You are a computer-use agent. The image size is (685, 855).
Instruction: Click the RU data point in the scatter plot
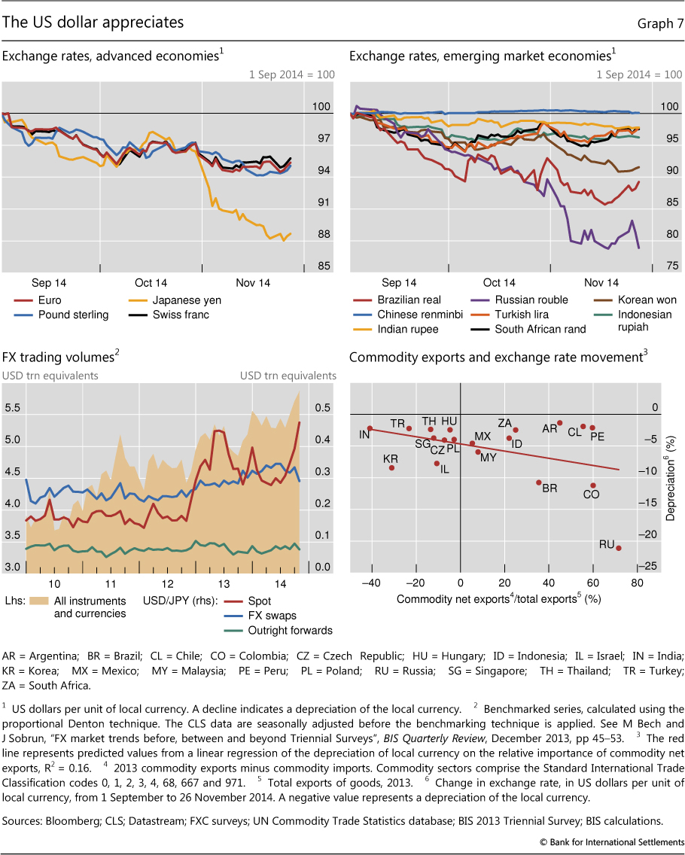[619, 548]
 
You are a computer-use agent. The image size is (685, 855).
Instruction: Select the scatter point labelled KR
[391, 467]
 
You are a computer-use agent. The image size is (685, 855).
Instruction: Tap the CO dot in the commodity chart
[593, 485]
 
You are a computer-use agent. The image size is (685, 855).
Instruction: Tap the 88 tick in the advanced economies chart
[324, 234]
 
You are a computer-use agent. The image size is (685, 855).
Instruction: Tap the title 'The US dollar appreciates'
[93, 23]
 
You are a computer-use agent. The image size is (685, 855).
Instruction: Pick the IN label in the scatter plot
[364, 434]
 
